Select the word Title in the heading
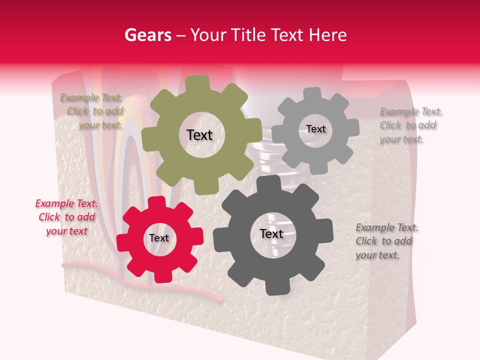point(248,35)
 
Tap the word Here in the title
point(327,35)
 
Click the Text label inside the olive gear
point(199,135)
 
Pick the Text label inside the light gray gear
point(316,129)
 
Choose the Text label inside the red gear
point(159,238)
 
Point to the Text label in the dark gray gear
point(271,233)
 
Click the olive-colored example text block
point(91,111)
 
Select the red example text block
point(66,217)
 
